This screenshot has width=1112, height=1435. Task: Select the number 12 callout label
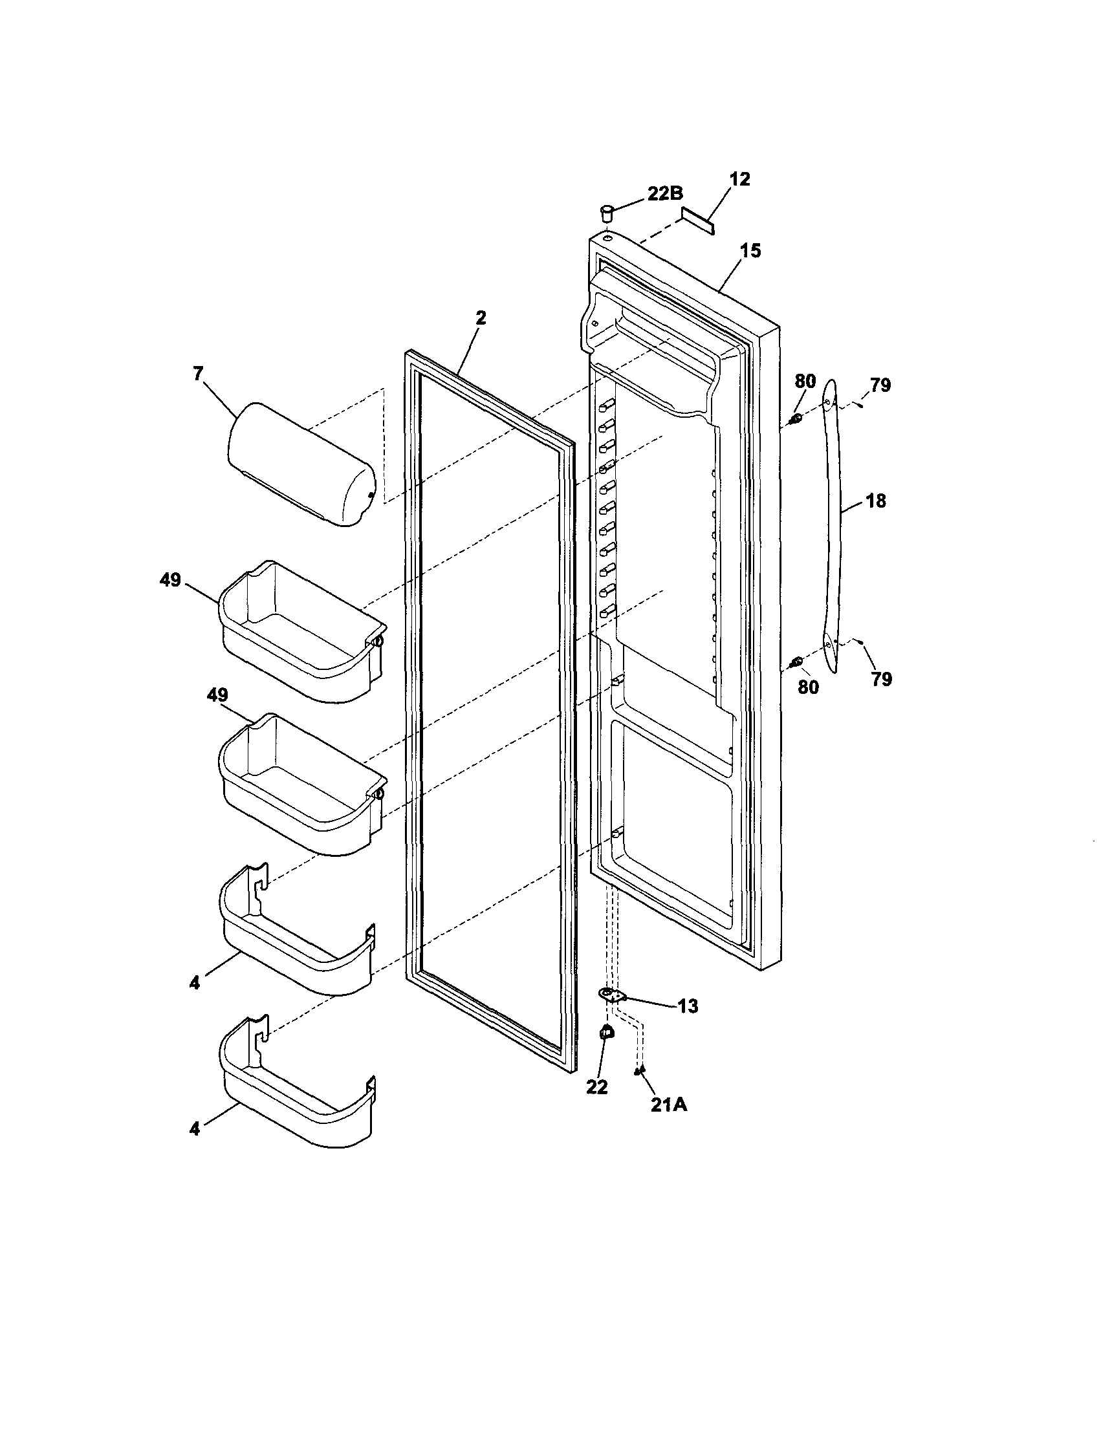pyautogui.click(x=740, y=179)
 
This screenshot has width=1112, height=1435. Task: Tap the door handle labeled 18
pyautogui.click(x=833, y=526)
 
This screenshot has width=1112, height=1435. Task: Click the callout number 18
pyautogui.click(x=876, y=501)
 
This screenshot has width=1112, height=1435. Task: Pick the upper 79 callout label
pyautogui.click(x=880, y=385)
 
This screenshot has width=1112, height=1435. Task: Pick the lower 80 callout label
pyautogui.click(x=809, y=687)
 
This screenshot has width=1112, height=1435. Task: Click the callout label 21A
pyautogui.click(x=669, y=1105)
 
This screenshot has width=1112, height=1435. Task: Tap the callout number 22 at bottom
pyautogui.click(x=596, y=1087)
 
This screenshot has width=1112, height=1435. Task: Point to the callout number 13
pyautogui.click(x=688, y=1006)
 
